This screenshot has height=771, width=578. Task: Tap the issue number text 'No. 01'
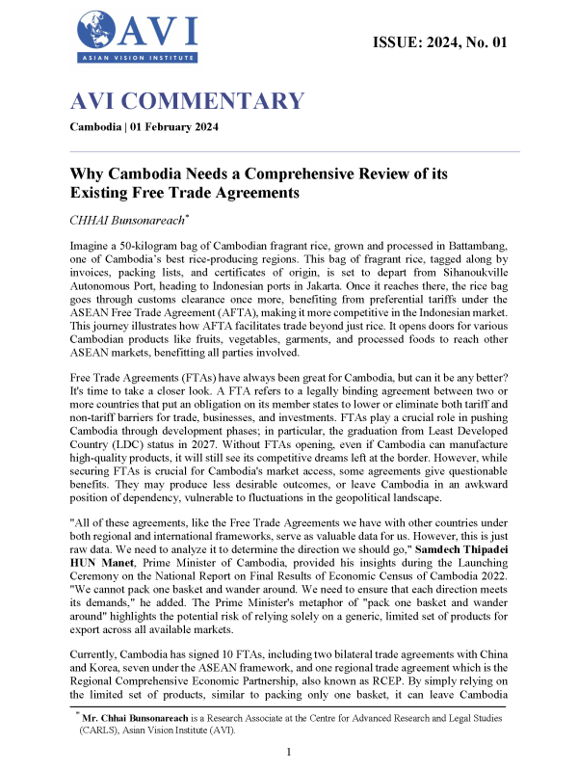(481, 41)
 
